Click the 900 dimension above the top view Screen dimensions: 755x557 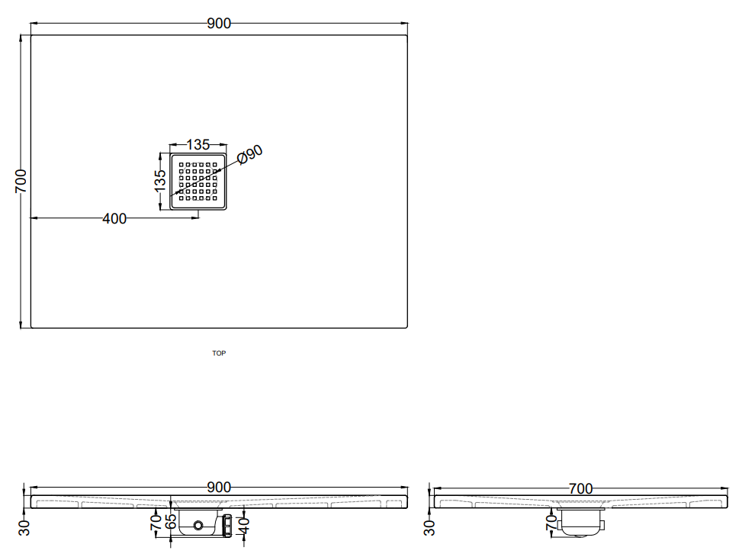coord(219,23)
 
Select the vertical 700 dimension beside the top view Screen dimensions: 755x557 coord(21,181)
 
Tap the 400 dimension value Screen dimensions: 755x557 coord(114,219)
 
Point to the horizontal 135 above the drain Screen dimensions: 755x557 coord(198,144)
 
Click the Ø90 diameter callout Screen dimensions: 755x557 coord(250,154)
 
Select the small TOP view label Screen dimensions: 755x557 coord(219,353)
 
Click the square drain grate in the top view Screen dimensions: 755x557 coord(198,182)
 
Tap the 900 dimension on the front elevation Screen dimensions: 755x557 coord(219,487)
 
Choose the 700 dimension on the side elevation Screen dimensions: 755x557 coord(580,488)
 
